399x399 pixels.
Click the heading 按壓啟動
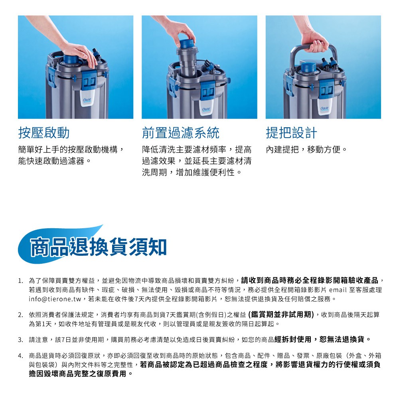44,133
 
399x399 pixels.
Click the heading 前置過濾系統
180,133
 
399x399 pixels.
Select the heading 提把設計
291,133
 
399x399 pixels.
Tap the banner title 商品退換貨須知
98,247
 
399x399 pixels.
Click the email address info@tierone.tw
55,299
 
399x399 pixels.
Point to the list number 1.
21,281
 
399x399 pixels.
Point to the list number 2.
21,315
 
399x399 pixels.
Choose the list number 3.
21,340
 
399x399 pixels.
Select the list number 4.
21,356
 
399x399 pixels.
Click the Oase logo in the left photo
87,100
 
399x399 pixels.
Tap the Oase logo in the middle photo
206,110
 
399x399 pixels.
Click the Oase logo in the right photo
324,109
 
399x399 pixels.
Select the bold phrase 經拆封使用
292,339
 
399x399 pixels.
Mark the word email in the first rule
338,290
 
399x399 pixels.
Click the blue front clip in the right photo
327,89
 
